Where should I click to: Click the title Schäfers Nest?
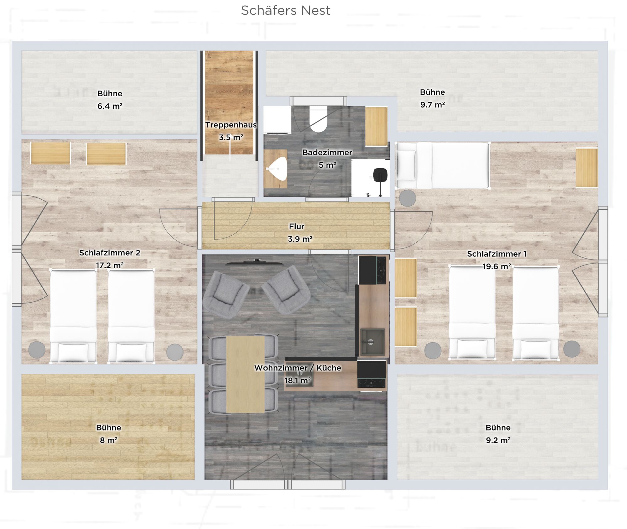point(286,10)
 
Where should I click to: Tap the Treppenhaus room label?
point(231,125)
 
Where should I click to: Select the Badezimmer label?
point(327,152)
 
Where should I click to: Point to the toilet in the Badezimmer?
point(318,119)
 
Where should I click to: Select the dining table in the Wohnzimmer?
point(245,374)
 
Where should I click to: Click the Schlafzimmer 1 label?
point(497,254)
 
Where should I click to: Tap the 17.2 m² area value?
point(110,265)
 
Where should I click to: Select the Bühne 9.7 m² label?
point(432,98)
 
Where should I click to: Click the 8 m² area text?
point(108,440)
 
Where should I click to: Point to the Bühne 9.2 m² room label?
point(498,434)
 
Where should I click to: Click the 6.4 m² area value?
point(110,106)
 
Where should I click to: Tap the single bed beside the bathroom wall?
point(442,165)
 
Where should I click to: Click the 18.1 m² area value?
point(298,380)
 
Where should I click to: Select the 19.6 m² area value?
point(497,266)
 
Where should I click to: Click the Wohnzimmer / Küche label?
point(298,368)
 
